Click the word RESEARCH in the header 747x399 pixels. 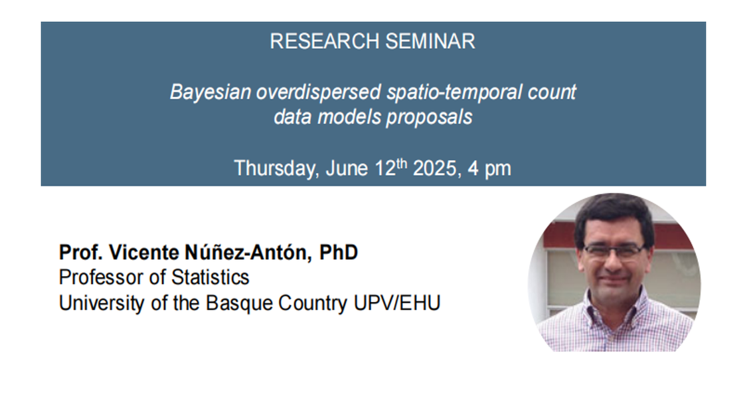point(325,41)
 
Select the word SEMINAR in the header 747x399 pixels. point(430,41)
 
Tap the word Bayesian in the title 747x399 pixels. point(210,92)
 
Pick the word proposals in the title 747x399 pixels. point(429,118)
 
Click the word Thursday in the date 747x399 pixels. point(277,168)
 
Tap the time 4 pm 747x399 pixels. point(489,169)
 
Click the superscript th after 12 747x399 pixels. point(402,163)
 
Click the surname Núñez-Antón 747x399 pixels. point(248,252)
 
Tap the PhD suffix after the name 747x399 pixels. point(339,253)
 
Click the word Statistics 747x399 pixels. point(210,278)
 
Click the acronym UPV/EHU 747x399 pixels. point(397,303)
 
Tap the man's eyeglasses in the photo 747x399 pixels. point(614,250)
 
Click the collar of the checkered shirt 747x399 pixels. point(616,305)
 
